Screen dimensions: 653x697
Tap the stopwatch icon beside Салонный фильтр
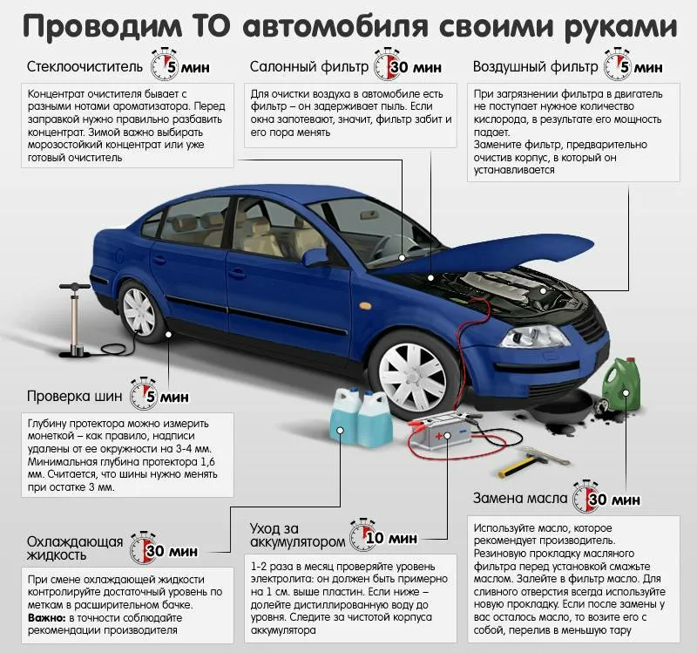(387, 65)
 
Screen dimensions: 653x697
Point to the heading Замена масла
(520, 500)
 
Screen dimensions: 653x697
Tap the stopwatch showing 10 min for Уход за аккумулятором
(362, 534)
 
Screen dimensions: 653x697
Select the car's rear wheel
(139, 309)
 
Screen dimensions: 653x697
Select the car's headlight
(531, 335)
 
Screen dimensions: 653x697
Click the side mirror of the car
(315, 256)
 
